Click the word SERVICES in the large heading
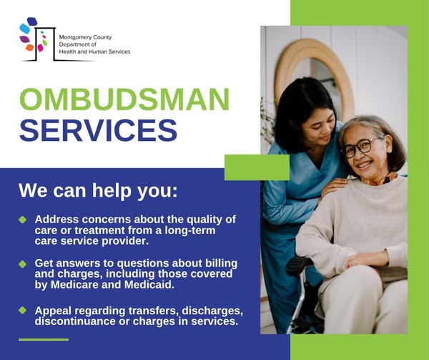coord(98,130)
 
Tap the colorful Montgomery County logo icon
coord(36,38)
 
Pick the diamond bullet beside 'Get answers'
coord(22,264)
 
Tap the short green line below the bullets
coord(44,339)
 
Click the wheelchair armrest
coord(300,266)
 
